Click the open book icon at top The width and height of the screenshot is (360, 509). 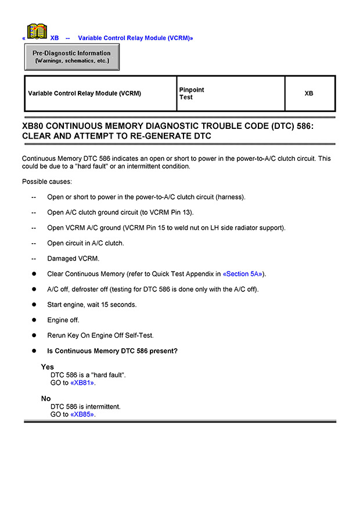click(37, 31)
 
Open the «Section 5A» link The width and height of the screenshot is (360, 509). click(243, 274)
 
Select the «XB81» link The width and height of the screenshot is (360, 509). click(82, 383)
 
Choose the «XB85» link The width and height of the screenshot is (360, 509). click(82, 414)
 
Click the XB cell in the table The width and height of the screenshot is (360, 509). click(309, 93)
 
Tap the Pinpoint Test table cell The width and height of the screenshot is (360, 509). click(192, 93)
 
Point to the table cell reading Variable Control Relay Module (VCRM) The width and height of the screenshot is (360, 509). click(84, 93)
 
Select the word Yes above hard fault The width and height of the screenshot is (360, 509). click(47, 367)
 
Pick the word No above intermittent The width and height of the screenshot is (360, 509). click(46, 399)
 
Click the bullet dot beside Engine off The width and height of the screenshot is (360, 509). click(34, 320)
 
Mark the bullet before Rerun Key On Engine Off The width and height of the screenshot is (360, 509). click(34, 335)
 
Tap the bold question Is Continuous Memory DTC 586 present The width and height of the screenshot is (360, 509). click(112, 351)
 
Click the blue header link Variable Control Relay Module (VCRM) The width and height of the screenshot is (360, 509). click(135, 38)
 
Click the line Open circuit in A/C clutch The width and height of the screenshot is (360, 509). click(85, 243)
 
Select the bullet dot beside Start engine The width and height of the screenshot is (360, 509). click(34, 305)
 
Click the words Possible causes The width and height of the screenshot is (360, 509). click(47, 182)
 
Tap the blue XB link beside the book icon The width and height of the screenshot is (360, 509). click(55, 38)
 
